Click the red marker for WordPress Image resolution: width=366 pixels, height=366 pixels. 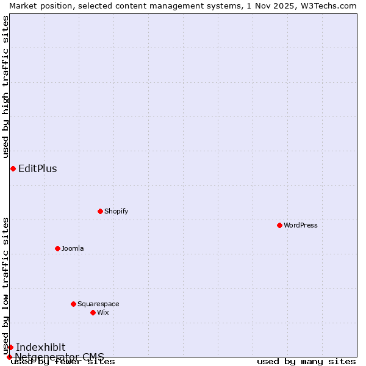(279, 225)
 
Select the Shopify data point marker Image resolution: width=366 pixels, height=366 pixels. (100, 211)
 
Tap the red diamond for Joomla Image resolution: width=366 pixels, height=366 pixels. (57, 248)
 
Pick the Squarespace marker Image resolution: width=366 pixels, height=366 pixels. (73, 304)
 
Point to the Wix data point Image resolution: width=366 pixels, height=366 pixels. (93, 312)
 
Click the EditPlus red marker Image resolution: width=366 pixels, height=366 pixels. (13, 168)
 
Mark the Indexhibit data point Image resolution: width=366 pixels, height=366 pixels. (10, 347)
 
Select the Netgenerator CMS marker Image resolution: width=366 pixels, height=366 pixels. (9, 357)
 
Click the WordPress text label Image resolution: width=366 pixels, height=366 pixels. (301, 225)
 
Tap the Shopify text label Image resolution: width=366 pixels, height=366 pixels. (116, 211)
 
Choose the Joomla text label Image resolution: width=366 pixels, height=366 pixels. (73, 248)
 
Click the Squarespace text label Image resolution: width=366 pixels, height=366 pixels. (98, 304)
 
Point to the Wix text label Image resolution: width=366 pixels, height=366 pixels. (102, 312)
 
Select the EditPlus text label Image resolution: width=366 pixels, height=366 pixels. (38, 169)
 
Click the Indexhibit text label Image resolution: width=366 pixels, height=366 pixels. (41, 347)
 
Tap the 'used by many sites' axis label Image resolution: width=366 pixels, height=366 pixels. (306, 362)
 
